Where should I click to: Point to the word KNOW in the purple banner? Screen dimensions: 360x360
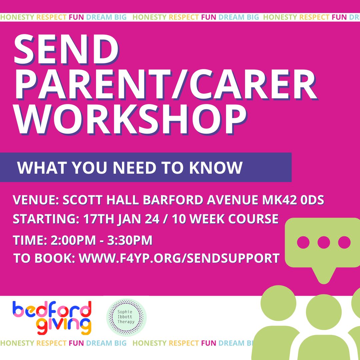coord(216,168)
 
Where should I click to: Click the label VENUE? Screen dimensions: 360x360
coord(36,200)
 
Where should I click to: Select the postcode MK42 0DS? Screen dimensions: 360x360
coord(291,200)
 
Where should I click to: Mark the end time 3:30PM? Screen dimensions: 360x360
coord(130,240)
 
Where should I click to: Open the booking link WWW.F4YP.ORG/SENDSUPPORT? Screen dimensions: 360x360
coord(179,258)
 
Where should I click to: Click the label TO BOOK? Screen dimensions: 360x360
coord(44,258)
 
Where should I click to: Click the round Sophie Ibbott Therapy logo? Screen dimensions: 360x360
coord(126,317)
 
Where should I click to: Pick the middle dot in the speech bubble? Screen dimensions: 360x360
coord(323,242)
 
